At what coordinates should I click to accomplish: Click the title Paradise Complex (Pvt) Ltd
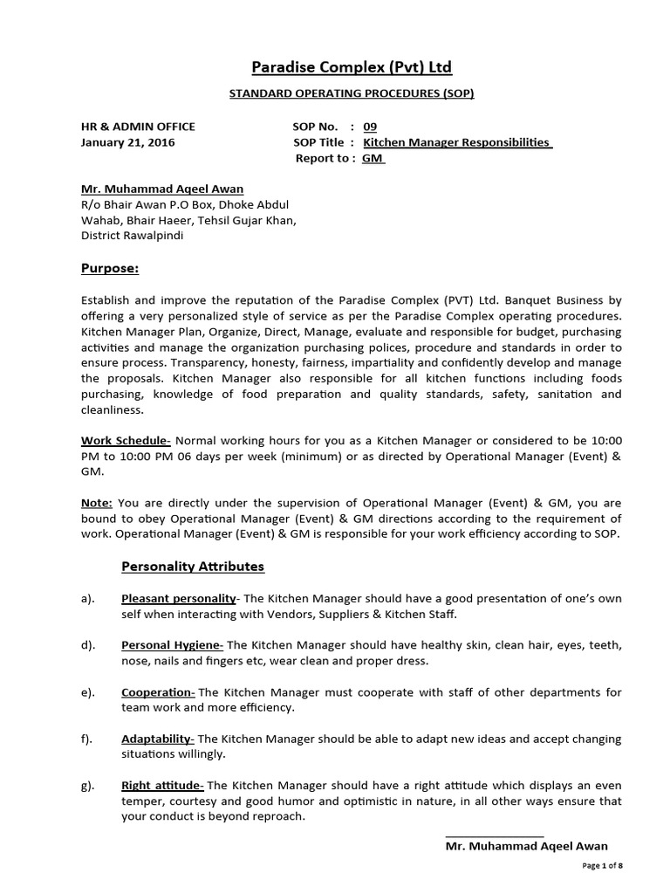coord(339,67)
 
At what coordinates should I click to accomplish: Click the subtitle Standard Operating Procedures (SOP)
coord(339,94)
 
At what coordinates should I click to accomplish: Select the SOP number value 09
coord(370,127)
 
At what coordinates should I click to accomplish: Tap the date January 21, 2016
coord(127,142)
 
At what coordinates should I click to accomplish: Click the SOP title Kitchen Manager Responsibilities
coord(457,142)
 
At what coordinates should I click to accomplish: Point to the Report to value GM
coord(373,158)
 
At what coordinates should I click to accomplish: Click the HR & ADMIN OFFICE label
coord(138,127)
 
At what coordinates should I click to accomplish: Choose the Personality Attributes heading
coord(192,567)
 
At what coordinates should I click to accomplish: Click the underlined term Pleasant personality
coord(179,598)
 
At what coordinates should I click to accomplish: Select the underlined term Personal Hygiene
coord(172,645)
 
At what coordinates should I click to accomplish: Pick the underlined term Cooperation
coord(158,692)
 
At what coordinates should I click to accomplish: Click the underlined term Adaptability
coord(157,739)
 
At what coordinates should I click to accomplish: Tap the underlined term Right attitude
coord(162,786)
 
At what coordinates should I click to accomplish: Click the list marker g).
coord(87,786)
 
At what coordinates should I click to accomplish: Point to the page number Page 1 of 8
coord(602,865)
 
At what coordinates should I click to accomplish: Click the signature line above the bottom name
coord(494,836)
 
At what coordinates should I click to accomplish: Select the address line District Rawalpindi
coord(132,236)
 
